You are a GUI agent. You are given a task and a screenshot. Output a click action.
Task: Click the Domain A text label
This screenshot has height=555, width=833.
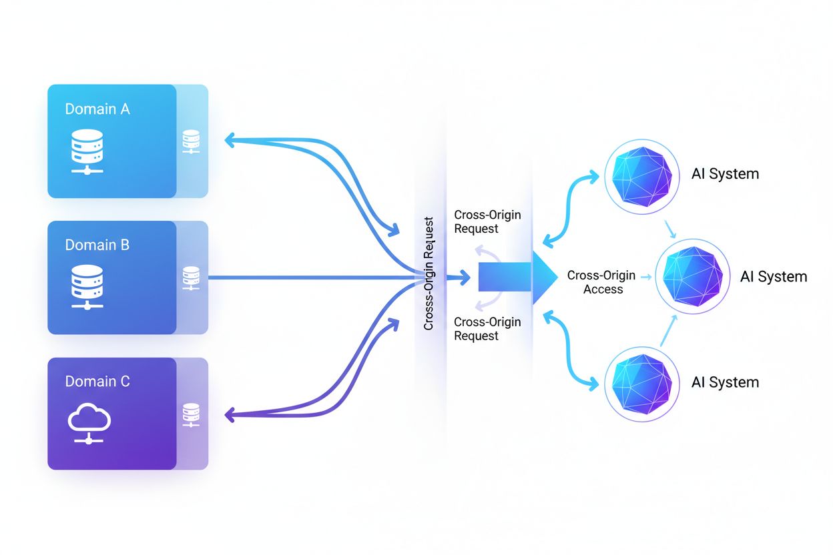click(97, 109)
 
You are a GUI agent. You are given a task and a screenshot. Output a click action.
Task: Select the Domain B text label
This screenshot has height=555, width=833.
click(97, 245)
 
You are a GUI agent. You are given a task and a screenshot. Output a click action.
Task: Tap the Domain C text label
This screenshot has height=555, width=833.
click(97, 382)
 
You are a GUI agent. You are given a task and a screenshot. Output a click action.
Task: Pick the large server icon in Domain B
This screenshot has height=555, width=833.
click(87, 287)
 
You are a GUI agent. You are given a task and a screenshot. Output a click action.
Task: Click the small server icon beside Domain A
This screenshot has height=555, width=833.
click(191, 141)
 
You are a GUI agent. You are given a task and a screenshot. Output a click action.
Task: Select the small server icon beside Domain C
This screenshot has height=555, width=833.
click(191, 414)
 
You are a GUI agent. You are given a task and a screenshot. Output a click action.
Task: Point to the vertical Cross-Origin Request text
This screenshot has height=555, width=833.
click(429, 273)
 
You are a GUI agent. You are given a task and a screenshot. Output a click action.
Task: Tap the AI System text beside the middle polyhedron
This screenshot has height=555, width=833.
click(773, 276)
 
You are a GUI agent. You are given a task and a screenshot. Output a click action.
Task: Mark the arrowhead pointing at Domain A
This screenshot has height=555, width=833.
click(230, 140)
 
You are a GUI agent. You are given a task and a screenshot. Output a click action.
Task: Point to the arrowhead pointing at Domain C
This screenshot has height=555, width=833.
click(230, 415)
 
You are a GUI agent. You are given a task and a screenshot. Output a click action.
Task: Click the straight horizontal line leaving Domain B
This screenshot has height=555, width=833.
click(307, 277)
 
